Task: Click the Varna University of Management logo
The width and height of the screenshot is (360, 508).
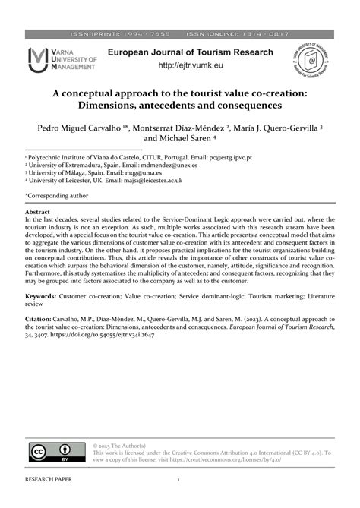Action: [x=62, y=60]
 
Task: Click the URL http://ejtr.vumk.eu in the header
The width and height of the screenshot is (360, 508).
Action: [x=190, y=66]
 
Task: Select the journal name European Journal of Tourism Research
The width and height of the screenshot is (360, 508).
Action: [x=190, y=52]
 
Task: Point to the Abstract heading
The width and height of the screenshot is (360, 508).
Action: [x=37, y=213]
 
